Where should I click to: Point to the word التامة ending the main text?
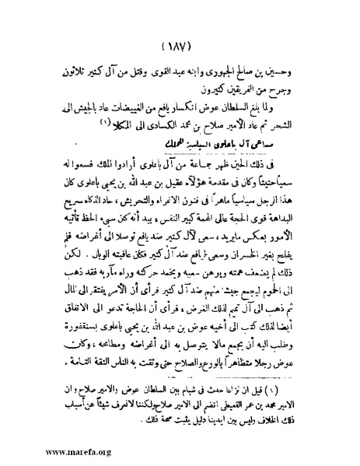tap(71, 345)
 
